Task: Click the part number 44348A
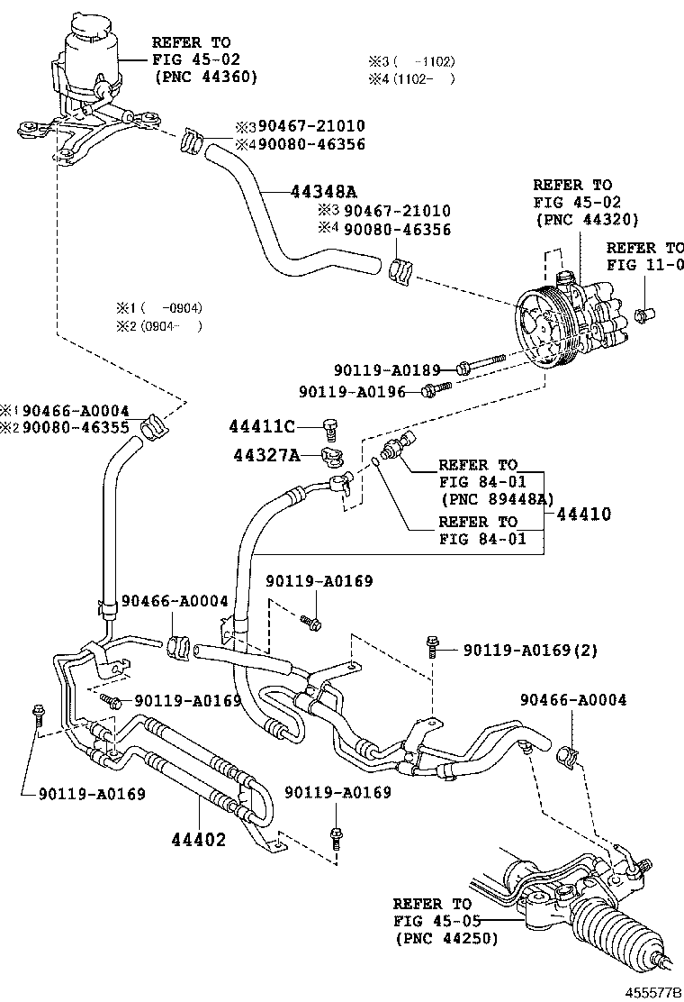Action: click(324, 191)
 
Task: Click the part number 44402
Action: click(199, 840)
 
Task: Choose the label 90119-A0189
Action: click(387, 369)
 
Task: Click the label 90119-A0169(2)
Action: click(529, 650)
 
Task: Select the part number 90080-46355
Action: click(76, 427)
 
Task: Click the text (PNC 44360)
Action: click(206, 77)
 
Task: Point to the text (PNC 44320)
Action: click(587, 219)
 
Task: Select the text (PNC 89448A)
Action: click(496, 498)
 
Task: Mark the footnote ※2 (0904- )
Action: click(157, 326)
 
